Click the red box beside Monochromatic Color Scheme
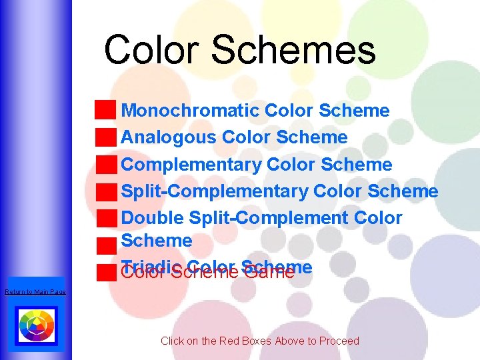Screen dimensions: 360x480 tap(105, 110)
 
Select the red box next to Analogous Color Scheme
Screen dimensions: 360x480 tap(105, 137)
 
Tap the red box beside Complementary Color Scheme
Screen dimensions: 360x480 tap(105, 164)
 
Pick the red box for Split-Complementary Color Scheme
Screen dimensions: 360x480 tap(105, 191)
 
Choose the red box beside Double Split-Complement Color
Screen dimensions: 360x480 tap(105, 218)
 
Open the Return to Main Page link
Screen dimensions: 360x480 tap(35, 292)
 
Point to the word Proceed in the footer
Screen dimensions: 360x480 tap(339, 341)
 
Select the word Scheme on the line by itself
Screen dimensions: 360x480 tap(157, 240)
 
